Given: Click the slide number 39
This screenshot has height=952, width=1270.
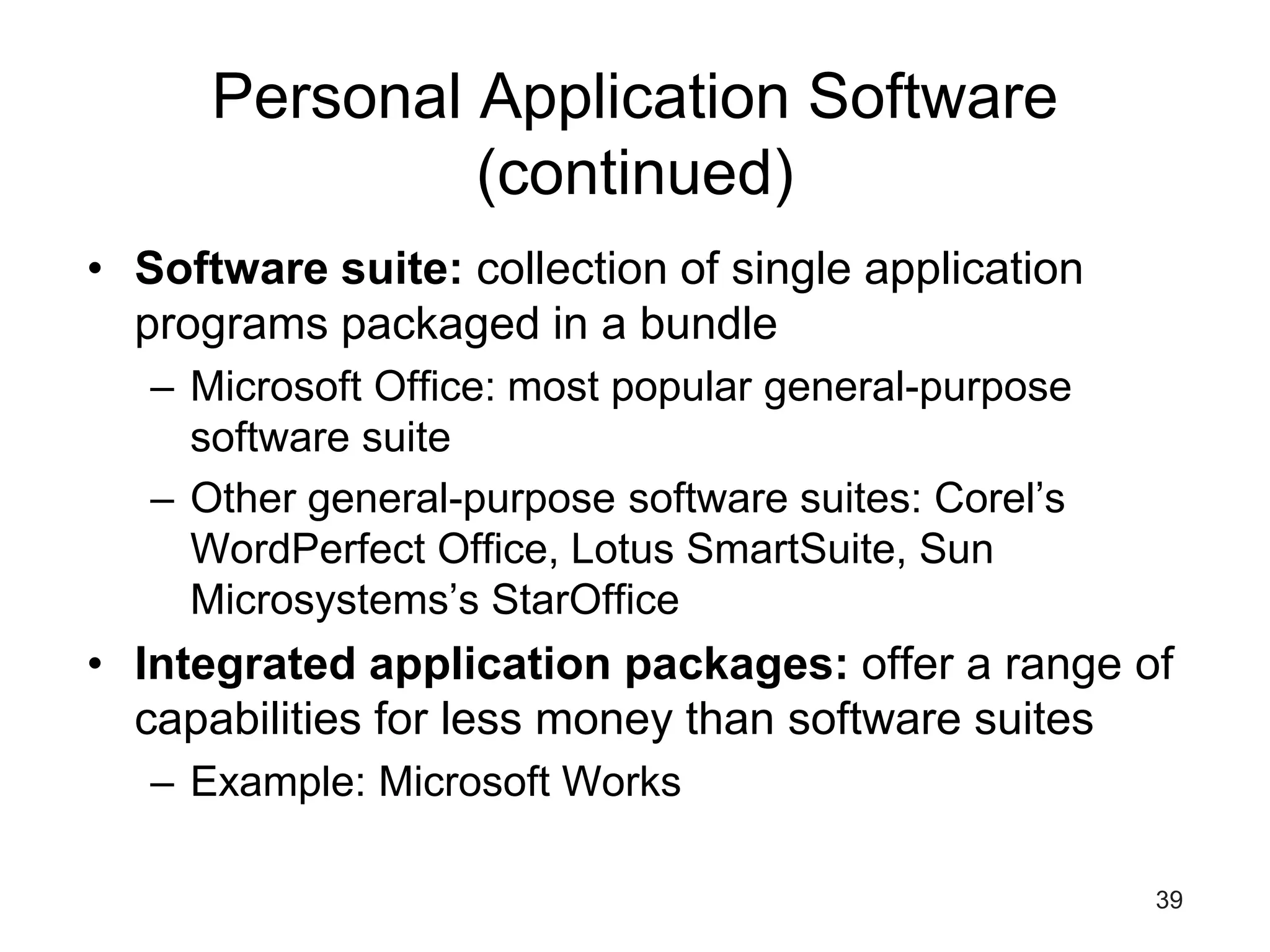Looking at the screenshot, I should coord(1169,900).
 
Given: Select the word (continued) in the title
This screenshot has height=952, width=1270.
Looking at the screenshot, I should coord(635,172).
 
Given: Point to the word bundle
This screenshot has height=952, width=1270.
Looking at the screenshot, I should coord(708,324).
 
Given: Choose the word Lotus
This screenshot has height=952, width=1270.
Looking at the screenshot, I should coord(621,549).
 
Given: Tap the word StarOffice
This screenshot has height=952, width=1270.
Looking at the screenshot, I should coord(585,599).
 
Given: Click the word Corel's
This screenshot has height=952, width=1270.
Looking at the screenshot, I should coord(999,498).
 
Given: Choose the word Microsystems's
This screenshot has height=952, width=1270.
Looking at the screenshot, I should coord(334,599).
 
